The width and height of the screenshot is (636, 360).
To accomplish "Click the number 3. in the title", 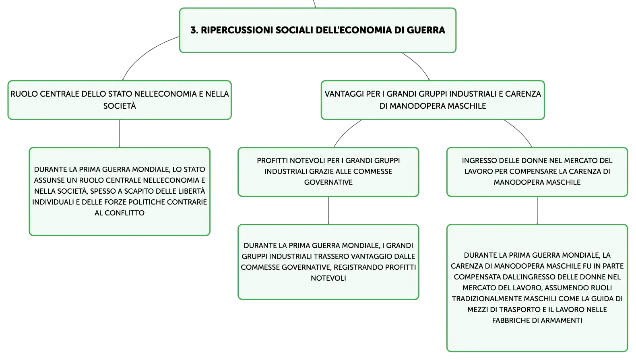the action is (194, 30).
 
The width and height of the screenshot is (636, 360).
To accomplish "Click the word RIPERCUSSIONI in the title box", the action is (237, 30).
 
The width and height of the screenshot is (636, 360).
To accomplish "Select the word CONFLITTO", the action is (124, 213).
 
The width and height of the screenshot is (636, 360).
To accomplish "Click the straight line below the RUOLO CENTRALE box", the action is (120, 134).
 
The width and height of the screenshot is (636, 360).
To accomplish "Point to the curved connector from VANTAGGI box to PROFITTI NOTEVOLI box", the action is (346, 131).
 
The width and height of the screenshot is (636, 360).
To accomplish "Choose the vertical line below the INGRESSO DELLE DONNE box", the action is (537, 211).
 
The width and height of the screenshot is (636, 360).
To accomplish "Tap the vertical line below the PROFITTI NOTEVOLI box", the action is (328, 211).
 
